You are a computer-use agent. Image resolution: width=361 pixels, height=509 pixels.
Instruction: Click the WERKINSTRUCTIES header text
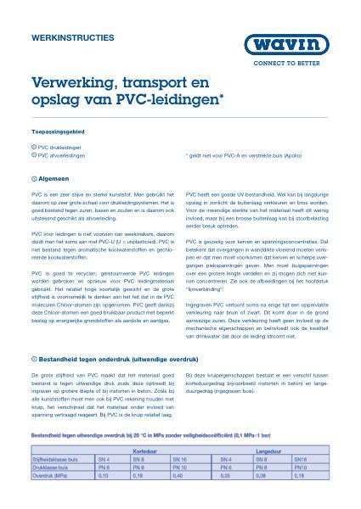click(x=66, y=37)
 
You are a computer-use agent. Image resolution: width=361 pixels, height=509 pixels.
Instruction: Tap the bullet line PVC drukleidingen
click(x=61, y=148)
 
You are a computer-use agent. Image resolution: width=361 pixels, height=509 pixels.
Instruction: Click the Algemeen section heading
click(x=56, y=178)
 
